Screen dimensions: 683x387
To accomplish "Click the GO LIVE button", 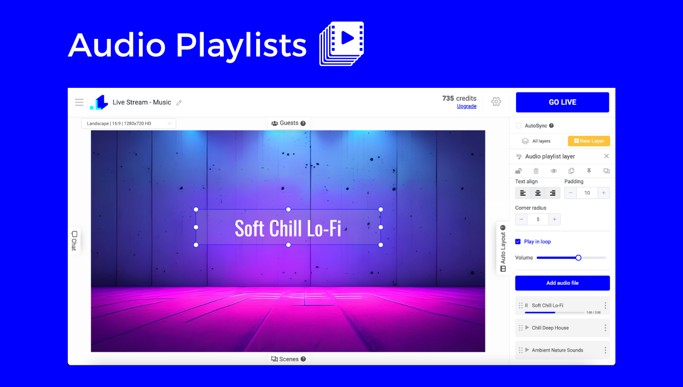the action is (562, 102).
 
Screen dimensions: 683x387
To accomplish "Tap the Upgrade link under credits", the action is (467, 106).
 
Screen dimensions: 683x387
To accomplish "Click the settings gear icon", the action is (496, 102).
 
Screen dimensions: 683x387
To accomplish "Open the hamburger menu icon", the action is (79, 102).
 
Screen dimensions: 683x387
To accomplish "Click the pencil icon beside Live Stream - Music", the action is (179, 103).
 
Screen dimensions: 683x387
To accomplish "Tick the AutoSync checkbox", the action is (519, 126).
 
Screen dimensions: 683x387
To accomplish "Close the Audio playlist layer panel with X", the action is (607, 156).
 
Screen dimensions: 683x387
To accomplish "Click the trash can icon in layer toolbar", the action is (536, 171).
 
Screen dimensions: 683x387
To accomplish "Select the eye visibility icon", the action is (554, 171).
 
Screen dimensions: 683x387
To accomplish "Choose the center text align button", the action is (538, 193).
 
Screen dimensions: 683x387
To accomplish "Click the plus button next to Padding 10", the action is (603, 193).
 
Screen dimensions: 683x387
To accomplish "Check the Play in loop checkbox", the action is (518, 242).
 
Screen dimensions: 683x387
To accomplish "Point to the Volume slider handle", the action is (579, 258).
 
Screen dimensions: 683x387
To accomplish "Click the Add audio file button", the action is (562, 283).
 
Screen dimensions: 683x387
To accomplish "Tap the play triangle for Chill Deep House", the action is (527, 328).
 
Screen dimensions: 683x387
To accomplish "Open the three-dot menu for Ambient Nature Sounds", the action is (605, 350).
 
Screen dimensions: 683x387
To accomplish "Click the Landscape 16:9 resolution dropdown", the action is (129, 123).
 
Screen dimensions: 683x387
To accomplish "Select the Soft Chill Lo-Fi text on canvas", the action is (288, 228).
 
